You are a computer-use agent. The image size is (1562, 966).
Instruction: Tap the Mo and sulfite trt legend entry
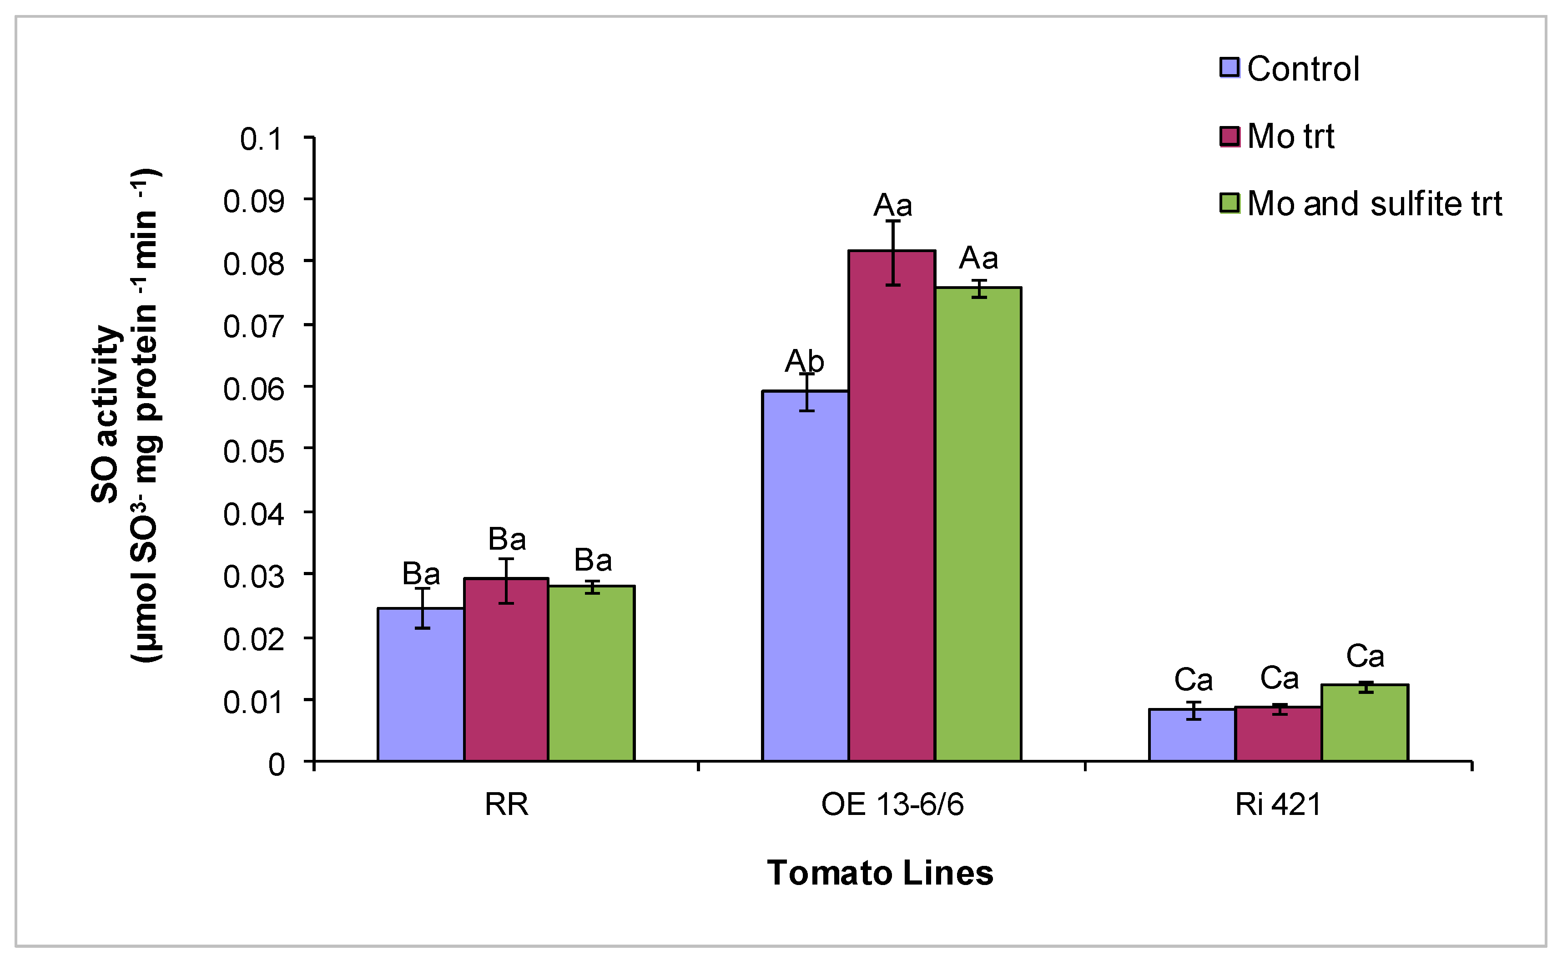coord(1360,204)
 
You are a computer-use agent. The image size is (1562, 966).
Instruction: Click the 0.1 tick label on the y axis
coord(261,139)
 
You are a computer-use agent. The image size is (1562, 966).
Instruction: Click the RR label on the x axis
coord(506,804)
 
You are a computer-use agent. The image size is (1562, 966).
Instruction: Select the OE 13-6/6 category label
coord(892,804)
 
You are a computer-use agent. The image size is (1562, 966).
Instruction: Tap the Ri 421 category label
coord(1277,804)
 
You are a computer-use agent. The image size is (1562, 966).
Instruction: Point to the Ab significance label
coord(804,362)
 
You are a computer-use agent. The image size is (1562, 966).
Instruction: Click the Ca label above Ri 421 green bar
coord(1365,656)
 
